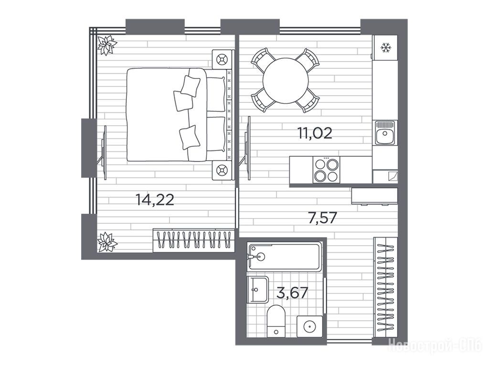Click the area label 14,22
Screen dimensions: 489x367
point(155,200)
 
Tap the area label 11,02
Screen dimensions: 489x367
point(315,133)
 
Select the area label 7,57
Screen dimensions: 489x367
point(322,218)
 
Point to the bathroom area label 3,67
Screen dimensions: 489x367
point(293,293)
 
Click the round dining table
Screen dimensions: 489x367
point(286,80)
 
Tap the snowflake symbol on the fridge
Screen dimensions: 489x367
point(386,48)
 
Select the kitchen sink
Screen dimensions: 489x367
point(385,133)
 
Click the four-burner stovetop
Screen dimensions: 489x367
point(327,170)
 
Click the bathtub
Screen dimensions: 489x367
point(284,257)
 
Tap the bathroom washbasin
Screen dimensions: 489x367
point(257,290)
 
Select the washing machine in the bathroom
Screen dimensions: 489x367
point(309,326)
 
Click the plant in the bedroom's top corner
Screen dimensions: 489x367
point(106,45)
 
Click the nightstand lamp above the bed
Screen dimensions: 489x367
point(223,59)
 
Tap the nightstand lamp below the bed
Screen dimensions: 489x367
point(223,171)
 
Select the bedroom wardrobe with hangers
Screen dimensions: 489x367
point(194,240)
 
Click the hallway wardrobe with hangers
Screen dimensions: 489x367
point(385,287)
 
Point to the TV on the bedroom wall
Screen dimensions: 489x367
point(104,152)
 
